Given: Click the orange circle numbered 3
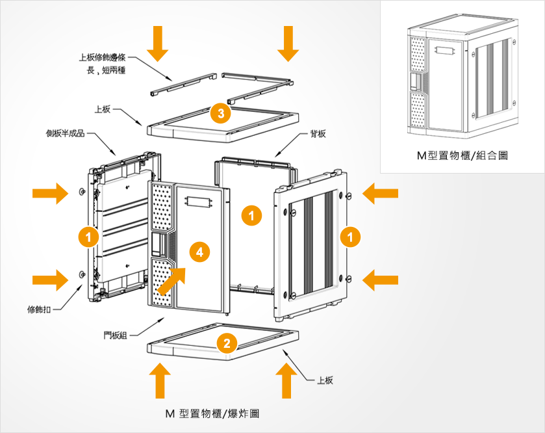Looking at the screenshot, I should tap(221, 113).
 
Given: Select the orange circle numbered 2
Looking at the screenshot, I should tap(225, 343).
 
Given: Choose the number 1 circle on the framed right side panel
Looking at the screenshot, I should tap(350, 237).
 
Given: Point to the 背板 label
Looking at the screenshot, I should tap(318, 134).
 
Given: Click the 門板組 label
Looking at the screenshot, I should tap(116, 335).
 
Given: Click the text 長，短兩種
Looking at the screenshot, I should tap(106, 70).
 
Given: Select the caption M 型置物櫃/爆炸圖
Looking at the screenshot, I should tap(212, 413).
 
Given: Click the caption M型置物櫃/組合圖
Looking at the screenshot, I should tap(462, 156).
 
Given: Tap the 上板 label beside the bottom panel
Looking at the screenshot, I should tap(325, 380).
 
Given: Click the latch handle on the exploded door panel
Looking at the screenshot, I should tap(158, 244).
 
